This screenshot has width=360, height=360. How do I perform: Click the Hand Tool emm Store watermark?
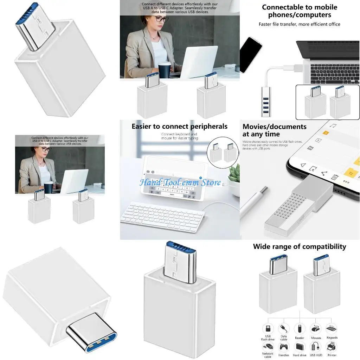click(x=180, y=182)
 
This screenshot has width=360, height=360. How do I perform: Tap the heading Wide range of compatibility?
click(x=299, y=246)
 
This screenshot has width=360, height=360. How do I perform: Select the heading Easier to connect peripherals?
click(x=179, y=126)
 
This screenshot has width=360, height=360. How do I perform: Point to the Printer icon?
click(x=332, y=347)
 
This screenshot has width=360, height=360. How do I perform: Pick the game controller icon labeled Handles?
click(x=284, y=347)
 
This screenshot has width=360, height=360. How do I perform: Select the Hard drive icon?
click(x=300, y=347)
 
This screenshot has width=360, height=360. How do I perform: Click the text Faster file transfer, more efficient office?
click(x=299, y=24)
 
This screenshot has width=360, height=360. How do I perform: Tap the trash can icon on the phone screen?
click(x=335, y=177)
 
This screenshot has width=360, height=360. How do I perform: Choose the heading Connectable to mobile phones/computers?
click(x=299, y=11)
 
